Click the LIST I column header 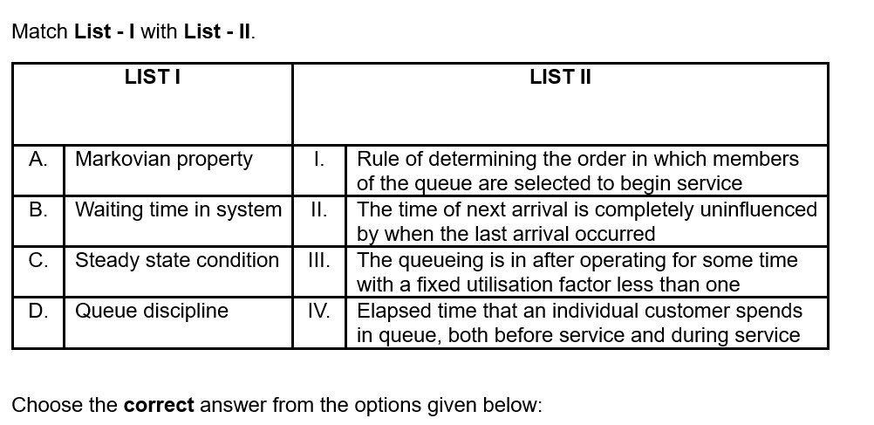point(152,77)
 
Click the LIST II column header point(560,77)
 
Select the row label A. point(38,160)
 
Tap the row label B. point(38,210)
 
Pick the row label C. point(38,260)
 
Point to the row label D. point(38,311)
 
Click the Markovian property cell point(164,160)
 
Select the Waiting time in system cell point(178,210)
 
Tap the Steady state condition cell point(177,260)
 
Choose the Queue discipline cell point(152,312)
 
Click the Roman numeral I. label point(319,160)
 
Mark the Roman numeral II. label point(319,210)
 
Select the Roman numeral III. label point(319,260)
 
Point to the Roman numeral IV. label point(319,311)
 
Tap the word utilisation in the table point(492,284)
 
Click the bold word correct point(159,405)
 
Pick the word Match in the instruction point(39,31)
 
